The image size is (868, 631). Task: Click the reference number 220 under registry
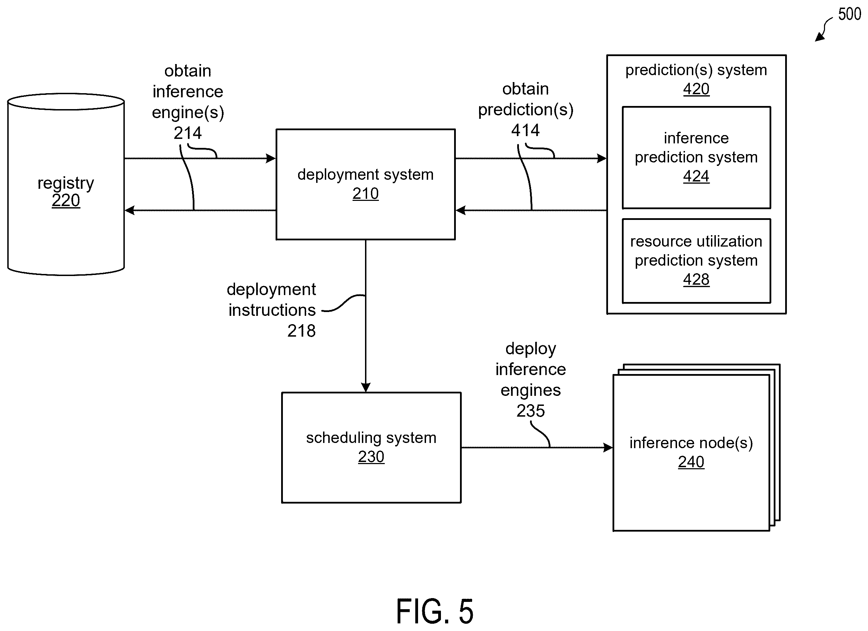click(66, 201)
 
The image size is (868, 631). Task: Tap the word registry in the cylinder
click(66, 183)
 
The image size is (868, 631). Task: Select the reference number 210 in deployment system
click(365, 194)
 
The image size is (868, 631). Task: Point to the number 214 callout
click(188, 133)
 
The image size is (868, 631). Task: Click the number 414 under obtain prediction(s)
click(526, 130)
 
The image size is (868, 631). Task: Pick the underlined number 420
click(696, 89)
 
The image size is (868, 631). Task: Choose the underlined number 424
click(696, 176)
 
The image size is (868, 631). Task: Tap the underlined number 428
click(696, 279)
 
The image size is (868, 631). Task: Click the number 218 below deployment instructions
click(302, 331)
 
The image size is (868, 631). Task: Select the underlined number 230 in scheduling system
click(371, 456)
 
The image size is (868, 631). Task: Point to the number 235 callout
click(530, 411)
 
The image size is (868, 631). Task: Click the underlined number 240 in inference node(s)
click(691, 462)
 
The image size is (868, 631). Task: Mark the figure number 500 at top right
click(850, 14)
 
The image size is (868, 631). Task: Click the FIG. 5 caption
click(435, 612)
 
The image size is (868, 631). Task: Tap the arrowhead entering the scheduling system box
click(365, 388)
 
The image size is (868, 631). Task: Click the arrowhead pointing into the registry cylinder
click(130, 210)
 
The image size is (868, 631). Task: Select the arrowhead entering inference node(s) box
click(608, 447)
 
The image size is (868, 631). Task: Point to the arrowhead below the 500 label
click(819, 37)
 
